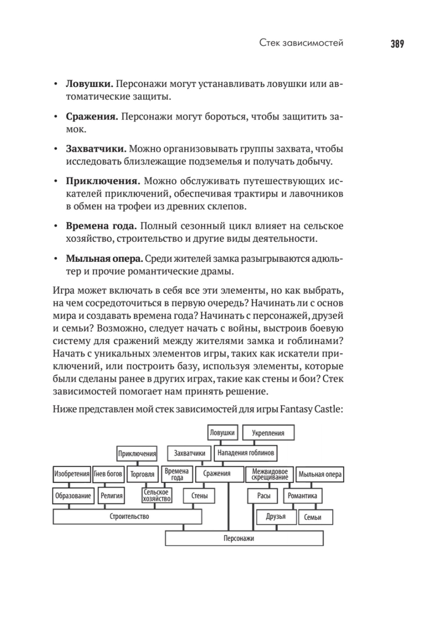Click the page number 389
397,44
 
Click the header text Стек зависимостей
301,43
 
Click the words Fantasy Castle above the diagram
311,409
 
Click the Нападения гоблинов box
246,453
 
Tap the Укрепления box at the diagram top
268,433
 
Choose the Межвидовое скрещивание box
269,474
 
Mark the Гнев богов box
108,474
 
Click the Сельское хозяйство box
156,495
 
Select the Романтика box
302,496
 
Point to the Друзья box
276,517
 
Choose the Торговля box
142,474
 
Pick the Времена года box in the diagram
177,474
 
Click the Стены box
199,496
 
